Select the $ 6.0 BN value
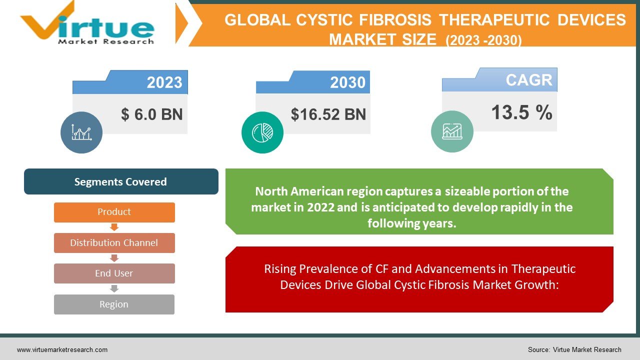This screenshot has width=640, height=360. click(x=152, y=114)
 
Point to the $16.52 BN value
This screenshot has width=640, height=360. click(x=328, y=114)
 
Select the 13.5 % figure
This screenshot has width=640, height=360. click(x=521, y=112)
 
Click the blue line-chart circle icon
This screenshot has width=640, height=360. click(x=81, y=132)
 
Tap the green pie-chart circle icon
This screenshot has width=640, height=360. click(x=262, y=132)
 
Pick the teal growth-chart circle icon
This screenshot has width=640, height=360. click(x=452, y=131)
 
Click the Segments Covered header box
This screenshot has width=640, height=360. click(x=120, y=181)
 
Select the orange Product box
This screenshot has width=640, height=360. click(x=114, y=212)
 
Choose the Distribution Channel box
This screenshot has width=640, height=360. click(x=114, y=243)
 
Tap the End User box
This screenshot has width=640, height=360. click(x=114, y=273)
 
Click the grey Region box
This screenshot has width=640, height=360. click(x=114, y=304)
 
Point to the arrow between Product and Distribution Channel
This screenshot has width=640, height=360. click(x=114, y=227)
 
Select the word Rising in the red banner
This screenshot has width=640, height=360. click(x=280, y=269)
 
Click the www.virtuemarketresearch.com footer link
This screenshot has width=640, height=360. click(x=62, y=349)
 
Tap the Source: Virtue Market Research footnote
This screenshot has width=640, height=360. click(x=574, y=349)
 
